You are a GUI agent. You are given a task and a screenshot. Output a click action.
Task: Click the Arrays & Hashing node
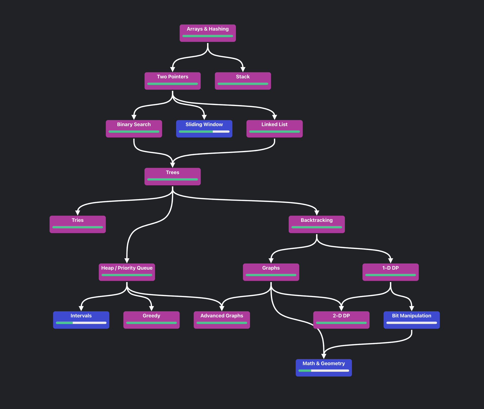(207, 33)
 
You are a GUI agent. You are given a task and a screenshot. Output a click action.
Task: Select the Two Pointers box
(172, 81)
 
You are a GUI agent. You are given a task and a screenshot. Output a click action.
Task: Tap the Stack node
(243, 81)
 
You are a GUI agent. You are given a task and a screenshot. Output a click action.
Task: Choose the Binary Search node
(134, 129)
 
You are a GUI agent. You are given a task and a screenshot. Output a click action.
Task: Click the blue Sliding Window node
(204, 129)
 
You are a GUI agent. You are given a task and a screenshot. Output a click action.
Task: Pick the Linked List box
(274, 129)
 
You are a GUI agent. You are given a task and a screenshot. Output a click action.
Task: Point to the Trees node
(172, 176)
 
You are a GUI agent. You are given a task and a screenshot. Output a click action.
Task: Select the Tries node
(77, 224)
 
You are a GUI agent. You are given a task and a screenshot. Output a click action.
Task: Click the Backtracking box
(317, 224)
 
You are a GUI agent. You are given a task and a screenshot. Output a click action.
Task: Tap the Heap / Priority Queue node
(127, 272)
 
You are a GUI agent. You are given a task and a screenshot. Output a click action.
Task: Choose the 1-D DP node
(390, 272)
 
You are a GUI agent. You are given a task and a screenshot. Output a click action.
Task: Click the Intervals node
(81, 320)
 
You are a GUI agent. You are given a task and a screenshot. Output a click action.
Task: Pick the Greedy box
(151, 320)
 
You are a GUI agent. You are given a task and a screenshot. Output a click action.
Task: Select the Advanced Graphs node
(222, 320)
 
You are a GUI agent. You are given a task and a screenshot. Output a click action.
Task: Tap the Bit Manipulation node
(411, 320)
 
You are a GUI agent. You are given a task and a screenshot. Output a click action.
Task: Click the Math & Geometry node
(323, 367)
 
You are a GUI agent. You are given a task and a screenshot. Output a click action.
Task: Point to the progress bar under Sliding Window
(204, 132)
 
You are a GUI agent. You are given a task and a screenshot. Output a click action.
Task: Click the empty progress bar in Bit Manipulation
(411, 323)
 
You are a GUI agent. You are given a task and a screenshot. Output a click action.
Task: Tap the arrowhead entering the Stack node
(243, 69)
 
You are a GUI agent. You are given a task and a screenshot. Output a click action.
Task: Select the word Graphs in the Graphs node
(271, 268)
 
